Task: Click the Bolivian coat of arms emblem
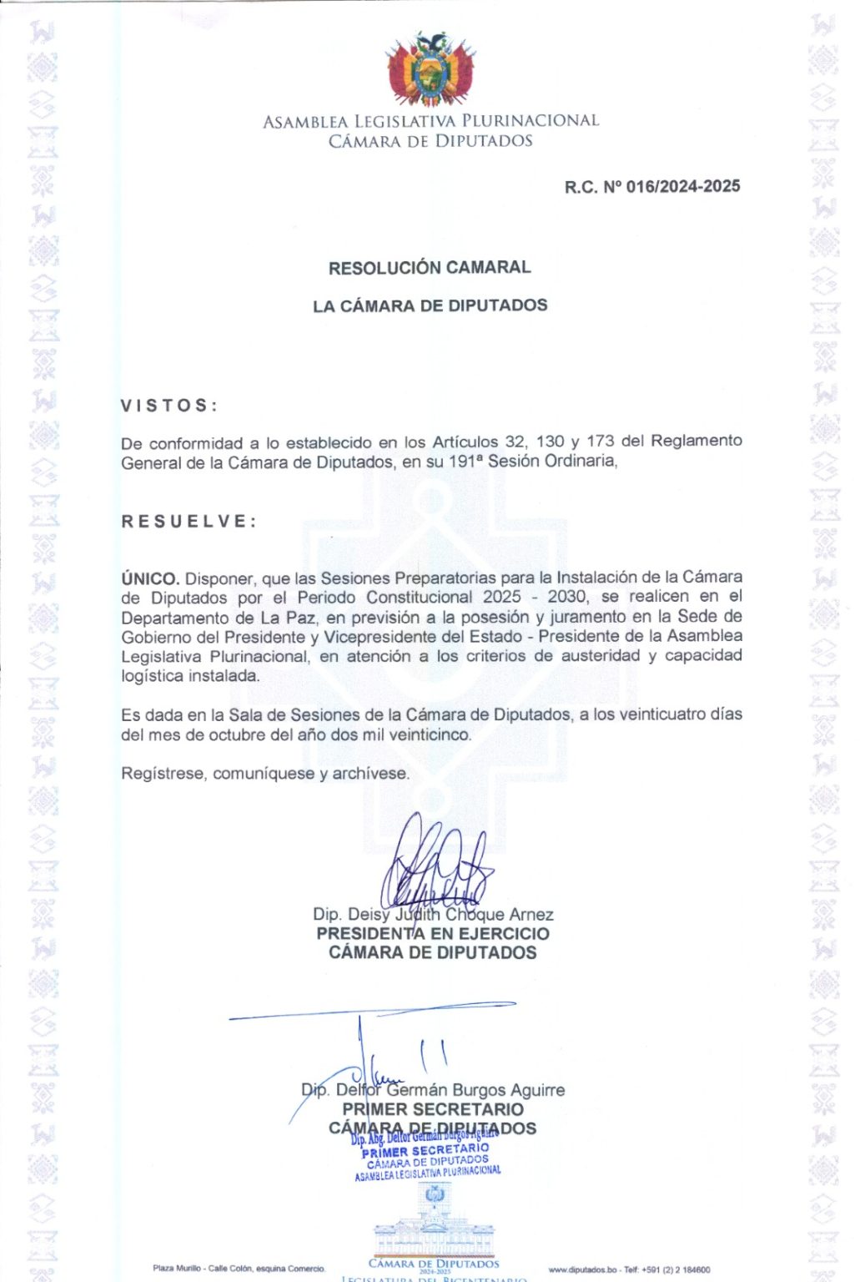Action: coord(430,69)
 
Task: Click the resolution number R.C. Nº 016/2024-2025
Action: coord(651,186)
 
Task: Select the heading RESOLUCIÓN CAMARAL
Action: coord(430,268)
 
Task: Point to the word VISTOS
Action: coord(168,406)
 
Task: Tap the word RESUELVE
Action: coord(189,522)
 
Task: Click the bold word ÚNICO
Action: coord(150,578)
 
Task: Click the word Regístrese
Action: coord(163,774)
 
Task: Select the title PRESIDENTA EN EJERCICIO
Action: coord(433,934)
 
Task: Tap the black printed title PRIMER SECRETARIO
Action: coord(433,1109)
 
